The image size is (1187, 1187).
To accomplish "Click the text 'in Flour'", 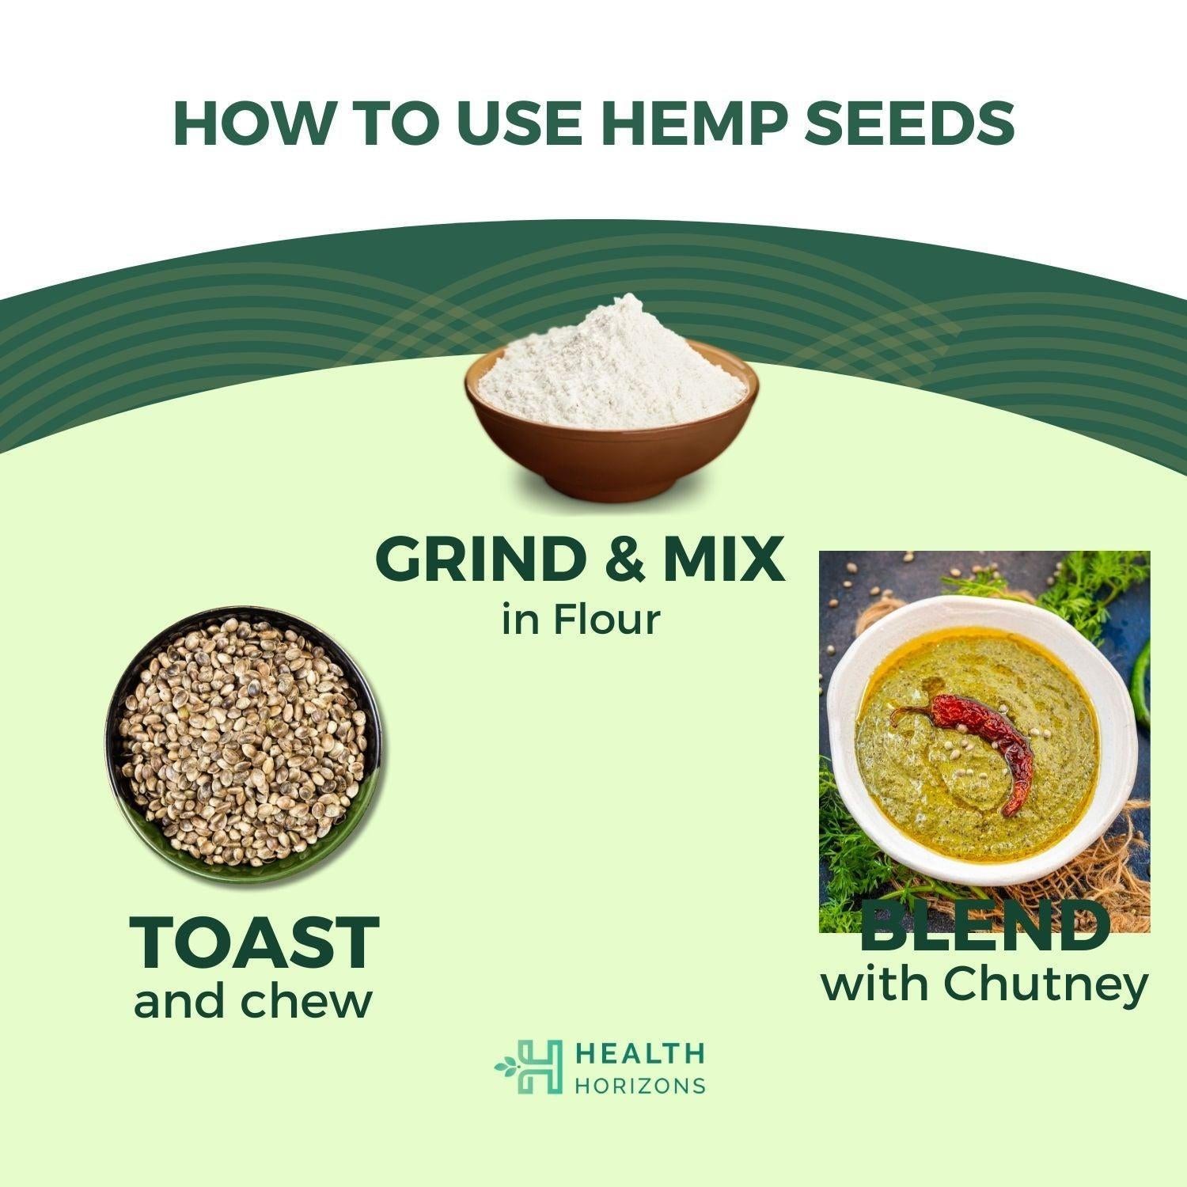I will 580,620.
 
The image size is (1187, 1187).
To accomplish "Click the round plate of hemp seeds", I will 244,744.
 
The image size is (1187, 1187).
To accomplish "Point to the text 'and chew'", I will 253,1002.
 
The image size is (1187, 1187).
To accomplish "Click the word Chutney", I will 1045,985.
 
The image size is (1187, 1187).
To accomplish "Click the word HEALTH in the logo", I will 639,1053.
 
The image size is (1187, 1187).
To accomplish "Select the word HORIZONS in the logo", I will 639,1084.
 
